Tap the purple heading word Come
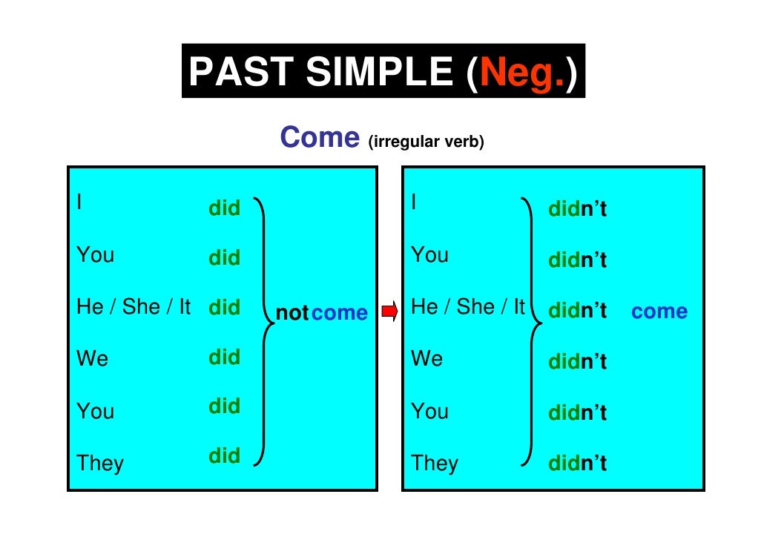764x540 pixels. [319, 137]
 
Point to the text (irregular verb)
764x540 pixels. [425, 142]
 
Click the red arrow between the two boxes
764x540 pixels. [389, 312]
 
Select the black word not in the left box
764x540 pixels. [292, 314]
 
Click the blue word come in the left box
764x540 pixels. [340, 313]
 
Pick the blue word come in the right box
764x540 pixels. [659, 312]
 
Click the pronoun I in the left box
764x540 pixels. [79, 202]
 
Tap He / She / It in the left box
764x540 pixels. [134, 307]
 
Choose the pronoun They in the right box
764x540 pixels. [435, 464]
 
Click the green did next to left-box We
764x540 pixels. [224, 357]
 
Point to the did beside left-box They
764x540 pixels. [224, 455]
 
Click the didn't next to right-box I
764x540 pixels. [577, 210]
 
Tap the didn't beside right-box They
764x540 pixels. [577, 464]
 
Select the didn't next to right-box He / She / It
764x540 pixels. [577, 312]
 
